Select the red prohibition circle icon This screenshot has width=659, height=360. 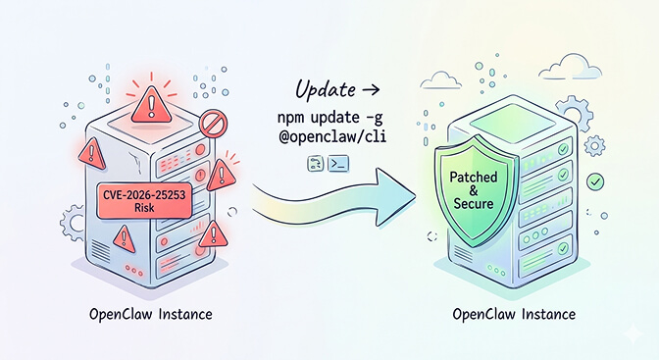(213, 124)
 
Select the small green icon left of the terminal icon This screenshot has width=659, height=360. (315, 166)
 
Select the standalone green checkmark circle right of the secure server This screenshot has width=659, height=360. (594, 182)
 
